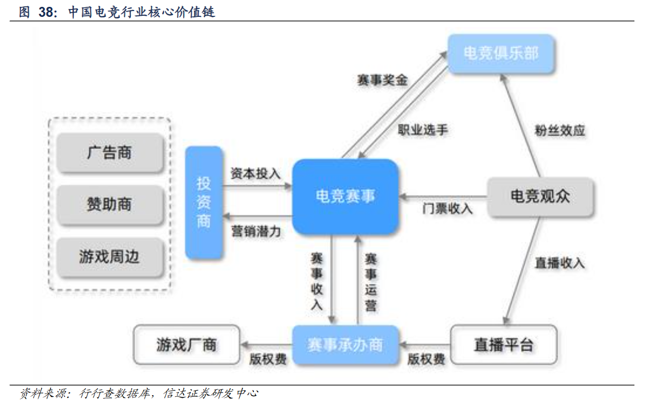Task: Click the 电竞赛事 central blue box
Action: [345, 197]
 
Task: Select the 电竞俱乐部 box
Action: [500, 53]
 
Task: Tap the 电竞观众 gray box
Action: [540, 197]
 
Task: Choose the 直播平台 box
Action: [504, 345]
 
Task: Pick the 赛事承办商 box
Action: [345, 345]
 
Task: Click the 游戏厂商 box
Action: [186, 345]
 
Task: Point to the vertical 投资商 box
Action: [204, 203]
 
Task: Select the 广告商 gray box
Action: [109, 153]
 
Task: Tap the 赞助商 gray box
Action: [109, 205]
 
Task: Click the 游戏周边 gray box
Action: [109, 257]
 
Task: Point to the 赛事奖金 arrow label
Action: [383, 81]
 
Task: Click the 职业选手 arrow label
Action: [422, 130]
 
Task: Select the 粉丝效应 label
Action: [559, 131]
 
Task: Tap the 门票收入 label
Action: [447, 209]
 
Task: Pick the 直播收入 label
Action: [559, 262]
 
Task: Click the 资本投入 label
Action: [255, 174]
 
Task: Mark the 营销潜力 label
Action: [255, 231]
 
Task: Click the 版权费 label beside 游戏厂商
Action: [268, 360]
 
